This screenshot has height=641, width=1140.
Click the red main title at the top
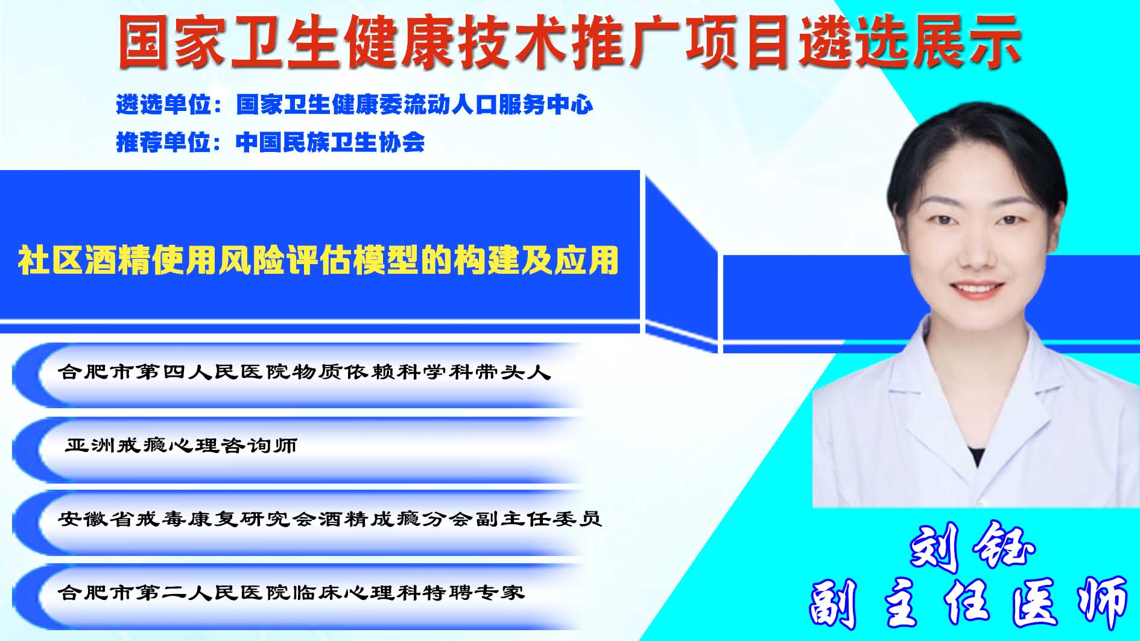(569, 42)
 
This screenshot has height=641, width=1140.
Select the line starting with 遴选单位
(354, 105)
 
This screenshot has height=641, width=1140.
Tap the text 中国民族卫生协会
(330, 142)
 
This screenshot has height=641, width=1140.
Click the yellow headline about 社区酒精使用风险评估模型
(318, 261)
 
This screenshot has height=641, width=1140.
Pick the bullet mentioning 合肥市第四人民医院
(305, 371)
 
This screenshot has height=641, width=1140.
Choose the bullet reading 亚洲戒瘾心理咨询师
(181, 446)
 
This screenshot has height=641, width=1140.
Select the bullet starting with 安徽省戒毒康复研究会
(330, 519)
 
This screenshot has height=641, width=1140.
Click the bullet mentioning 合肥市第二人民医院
(291, 592)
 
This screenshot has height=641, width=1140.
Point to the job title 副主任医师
(968, 603)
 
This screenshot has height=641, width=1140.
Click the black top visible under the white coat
(976, 456)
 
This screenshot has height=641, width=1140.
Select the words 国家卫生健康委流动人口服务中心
(414, 105)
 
